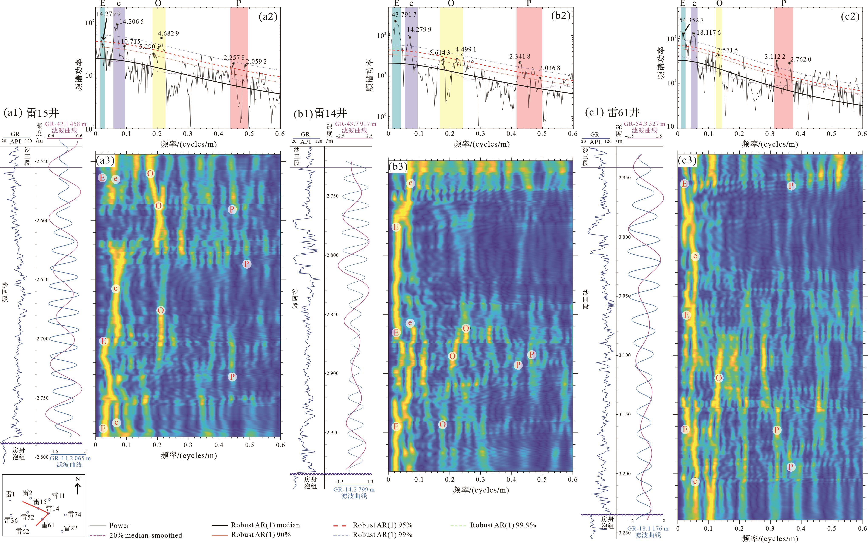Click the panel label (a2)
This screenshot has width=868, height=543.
[x=268, y=17]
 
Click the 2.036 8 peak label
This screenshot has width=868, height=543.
[x=549, y=68]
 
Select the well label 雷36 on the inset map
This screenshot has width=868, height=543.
[x=11, y=520]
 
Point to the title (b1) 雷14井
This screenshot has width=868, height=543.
[x=320, y=113]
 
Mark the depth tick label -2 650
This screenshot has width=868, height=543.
[x=42, y=279]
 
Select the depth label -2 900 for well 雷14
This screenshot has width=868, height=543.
[x=332, y=373]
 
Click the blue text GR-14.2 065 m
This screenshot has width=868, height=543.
[x=70, y=458]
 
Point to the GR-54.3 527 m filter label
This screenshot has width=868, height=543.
[x=644, y=124]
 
